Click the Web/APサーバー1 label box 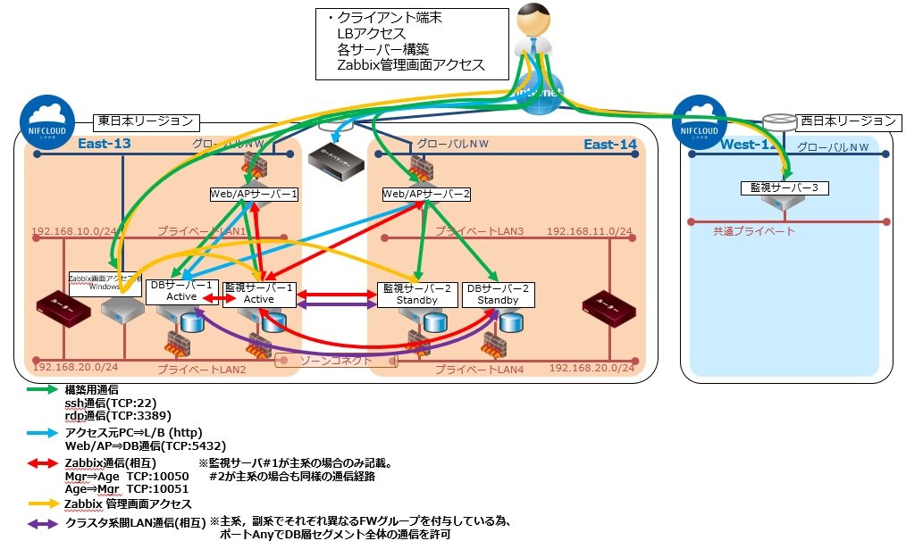click(253, 193)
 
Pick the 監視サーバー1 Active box click(259, 293)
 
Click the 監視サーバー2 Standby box click(417, 294)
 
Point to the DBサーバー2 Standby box click(498, 294)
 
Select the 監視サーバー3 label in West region click(784, 188)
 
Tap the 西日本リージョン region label click(846, 121)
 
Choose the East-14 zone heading click(610, 146)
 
